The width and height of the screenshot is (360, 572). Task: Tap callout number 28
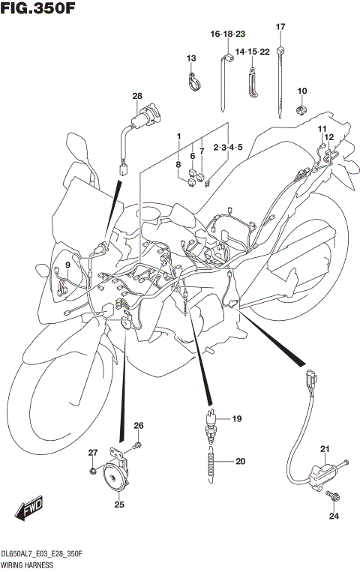[x=136, y=96]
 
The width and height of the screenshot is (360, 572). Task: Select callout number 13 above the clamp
[x=190, y=58]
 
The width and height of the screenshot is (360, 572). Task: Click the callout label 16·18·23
[x=228, y=34]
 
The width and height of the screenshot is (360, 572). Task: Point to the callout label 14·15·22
[x=252, y=51]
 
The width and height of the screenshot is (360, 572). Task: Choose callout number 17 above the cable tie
[x=280, y=27]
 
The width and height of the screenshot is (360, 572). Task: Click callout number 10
[x=302, y=91]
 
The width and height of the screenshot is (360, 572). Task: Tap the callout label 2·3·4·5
[x=228, y=147]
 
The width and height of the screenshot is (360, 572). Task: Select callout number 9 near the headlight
[x=67, y=265]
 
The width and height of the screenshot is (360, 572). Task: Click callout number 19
[x=235, y=418]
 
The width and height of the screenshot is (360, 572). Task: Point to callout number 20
[x=240, y=461]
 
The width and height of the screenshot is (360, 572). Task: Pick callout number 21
[x=325, y=450]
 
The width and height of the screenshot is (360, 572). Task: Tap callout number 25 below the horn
[x=118, y=505]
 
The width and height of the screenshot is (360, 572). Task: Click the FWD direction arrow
[x=28, y=509]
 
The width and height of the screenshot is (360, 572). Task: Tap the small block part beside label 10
[x=302, y=109]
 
